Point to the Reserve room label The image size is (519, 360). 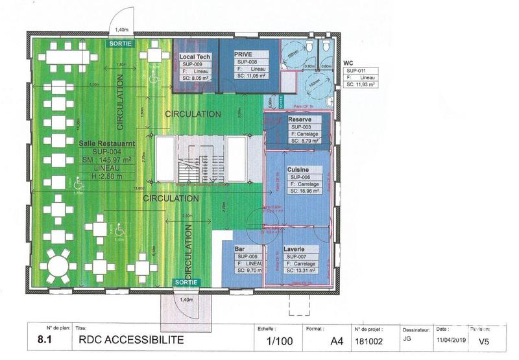click(x=300, y=120)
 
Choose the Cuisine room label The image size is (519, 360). click(x=300, y=169)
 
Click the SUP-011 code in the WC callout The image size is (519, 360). click(x=357, y=70)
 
